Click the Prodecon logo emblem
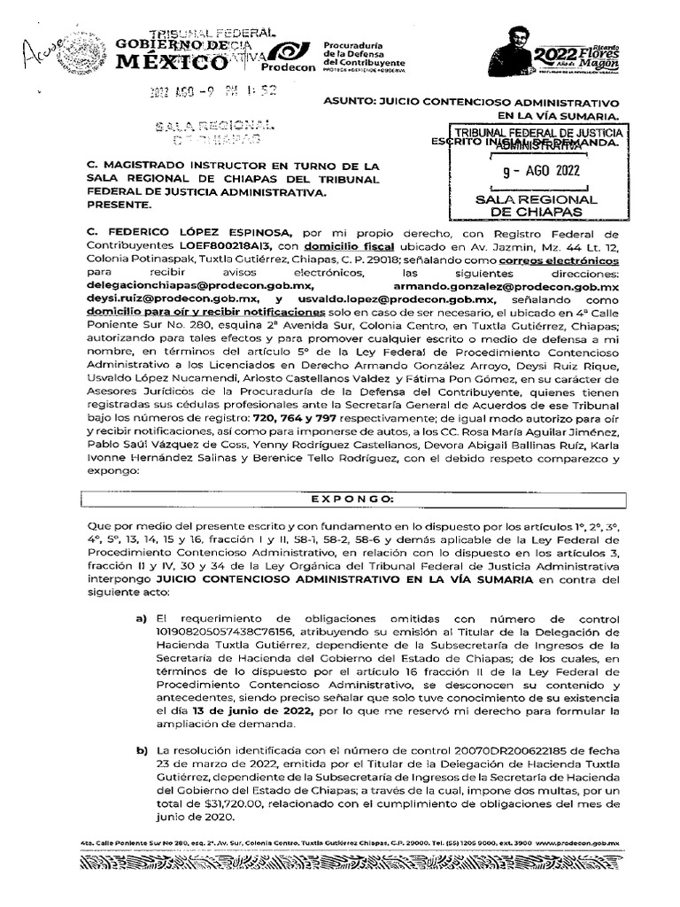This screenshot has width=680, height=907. [x=288, y=55]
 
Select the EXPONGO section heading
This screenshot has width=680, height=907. [x=339, y=499]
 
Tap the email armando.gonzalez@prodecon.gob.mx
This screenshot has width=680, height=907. [x=520, y=288]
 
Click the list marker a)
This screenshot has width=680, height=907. [x=140, y=617]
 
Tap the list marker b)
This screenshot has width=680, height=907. [x=140, y=751]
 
